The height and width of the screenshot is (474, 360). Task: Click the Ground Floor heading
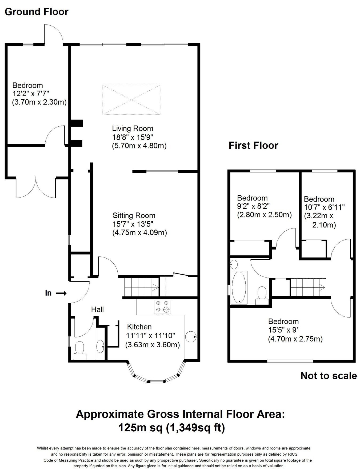tap(37, 12)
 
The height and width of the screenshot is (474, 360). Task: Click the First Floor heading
tap(253, 146)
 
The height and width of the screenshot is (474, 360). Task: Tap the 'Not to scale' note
tap(329, 376)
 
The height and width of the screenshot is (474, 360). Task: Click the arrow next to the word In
tap(61, 293)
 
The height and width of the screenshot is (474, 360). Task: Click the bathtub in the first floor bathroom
tap(239, 287)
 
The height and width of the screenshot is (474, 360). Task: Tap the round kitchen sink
tap(191, 337)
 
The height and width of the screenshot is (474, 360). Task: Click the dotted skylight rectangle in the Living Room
tap(131, 100)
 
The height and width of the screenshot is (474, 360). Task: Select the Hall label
tap(97, 310)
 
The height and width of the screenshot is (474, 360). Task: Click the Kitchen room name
tap(139, 327)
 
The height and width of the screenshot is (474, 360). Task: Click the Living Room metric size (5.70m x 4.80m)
tap(139, 146)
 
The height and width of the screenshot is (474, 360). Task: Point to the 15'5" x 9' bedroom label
tap(283, 330)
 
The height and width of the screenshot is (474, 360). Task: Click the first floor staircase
tap(307, 287)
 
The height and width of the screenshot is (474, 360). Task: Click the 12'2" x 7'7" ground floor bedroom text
tap(31, 94)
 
